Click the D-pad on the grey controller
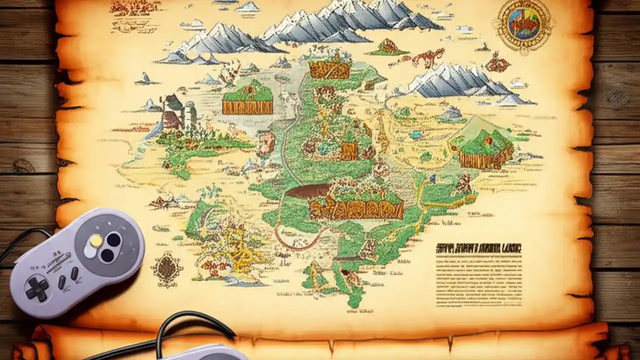[37, 288]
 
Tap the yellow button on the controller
[96, 240]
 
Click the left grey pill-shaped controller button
[62, 282]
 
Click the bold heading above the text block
[478, 247]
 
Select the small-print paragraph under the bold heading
[478, 279]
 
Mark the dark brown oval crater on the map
[307, 190]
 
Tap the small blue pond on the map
[416, 134]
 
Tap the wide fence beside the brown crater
[356, 207]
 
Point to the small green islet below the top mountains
[388, 48]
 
